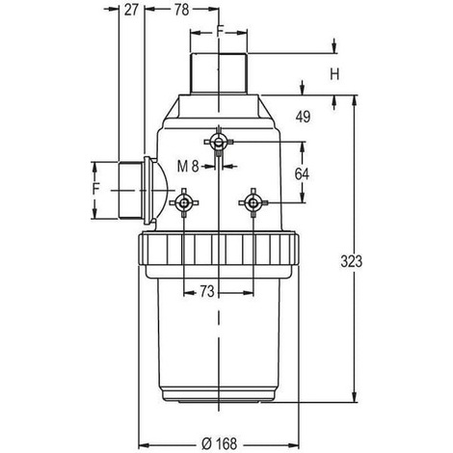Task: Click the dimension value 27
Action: click(x=131, y=10)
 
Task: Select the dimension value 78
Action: click(x=181, y=10)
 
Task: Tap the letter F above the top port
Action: click(x=220, y=31)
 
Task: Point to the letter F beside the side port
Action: click(x=96, y=189)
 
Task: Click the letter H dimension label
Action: click(x=334, y=74)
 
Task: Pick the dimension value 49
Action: click(x=303, y=117)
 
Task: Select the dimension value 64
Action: click(x=302, y=174)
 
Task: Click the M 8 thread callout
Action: click(x=188, y=167)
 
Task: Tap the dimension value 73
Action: click(x=207, y=292)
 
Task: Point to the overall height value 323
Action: click(x=351, y=261)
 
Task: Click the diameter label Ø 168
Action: click(x=219, y=444)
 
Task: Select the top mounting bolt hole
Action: click(x=219, y=142)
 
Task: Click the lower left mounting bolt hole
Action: click(x=184, y=202)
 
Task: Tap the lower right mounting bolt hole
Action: click(x=253, y=202)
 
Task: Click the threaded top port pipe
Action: click(x=219, y=73)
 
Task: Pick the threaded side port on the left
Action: click(x=131, y=190)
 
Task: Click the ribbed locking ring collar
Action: click(x=220, y=249)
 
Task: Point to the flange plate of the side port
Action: click(x=147, y=190)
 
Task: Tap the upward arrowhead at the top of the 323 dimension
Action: click(x=355, y=100)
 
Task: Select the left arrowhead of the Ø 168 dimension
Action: click(x=144, y=445)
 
